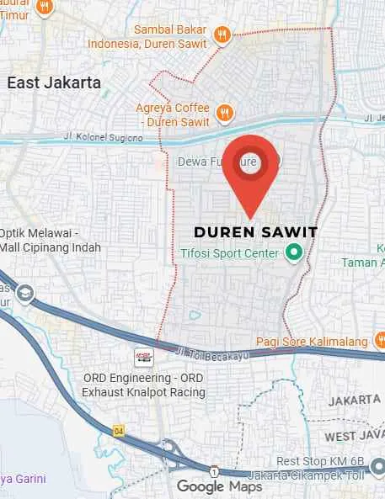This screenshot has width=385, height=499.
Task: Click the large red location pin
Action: tap(251, 171)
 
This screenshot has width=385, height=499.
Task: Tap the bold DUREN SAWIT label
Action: tap(255, 231)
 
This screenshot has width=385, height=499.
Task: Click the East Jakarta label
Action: tap(54, 82)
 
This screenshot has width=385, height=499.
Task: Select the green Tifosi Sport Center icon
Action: tap(295, 252)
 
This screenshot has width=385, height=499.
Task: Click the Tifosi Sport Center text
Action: tap(230, 252)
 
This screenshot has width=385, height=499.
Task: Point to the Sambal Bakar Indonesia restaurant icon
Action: tap(222, 35)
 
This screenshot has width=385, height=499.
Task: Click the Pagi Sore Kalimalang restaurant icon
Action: tap(379, 341)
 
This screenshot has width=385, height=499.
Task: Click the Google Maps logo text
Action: tap(219, 486)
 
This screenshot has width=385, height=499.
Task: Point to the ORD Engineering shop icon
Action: tap(145, 357)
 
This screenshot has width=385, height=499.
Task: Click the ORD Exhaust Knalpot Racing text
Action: tap(149, 391)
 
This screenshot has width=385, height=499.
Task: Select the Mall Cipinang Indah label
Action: tap(51, 247)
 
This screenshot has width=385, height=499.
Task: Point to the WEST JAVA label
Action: tap(353, 436)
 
